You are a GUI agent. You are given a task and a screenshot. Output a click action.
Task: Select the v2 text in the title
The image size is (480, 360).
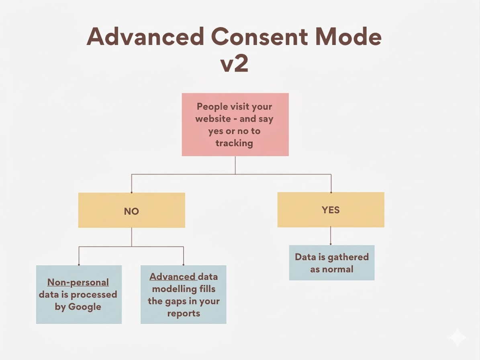pyautogui.click(x=235, y=64)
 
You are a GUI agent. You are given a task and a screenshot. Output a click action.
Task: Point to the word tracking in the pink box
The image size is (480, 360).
pyautogui.click(x=234, y=143)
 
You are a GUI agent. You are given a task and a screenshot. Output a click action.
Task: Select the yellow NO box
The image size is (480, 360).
pyautogui.click(x=131, y=210)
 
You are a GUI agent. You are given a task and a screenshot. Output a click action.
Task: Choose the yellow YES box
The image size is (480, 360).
pyautogui.click(x=331, y=210)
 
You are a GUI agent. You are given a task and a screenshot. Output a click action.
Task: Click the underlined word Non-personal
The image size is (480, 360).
pyautogui.click(x=78, y=282)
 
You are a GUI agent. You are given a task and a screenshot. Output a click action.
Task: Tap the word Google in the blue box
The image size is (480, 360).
pyautogui.click(x=84, y=307)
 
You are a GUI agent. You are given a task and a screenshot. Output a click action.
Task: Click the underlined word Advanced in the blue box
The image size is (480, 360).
pyautogui.click(x=173, y=277)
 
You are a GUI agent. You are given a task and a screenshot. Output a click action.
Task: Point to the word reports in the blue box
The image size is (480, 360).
pyautogui.click(x=184, y=313)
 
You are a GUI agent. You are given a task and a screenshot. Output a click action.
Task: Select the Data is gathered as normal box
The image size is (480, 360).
pyautogui.click(x=331, y=263)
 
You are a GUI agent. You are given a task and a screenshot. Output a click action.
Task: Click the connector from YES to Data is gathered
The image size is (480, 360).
pyautogui.click(x=331, y=236)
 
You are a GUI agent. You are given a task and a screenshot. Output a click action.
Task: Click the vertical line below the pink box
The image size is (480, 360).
pyautogui.click(x=235, y=165)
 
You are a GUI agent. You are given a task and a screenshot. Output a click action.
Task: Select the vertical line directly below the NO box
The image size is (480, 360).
pyautogui.click(x=131, y=237)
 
